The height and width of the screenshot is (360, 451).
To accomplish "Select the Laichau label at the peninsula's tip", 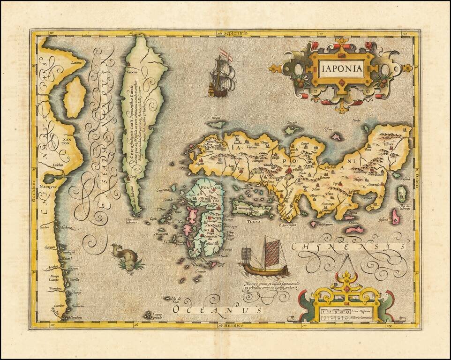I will click(77, 62).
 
